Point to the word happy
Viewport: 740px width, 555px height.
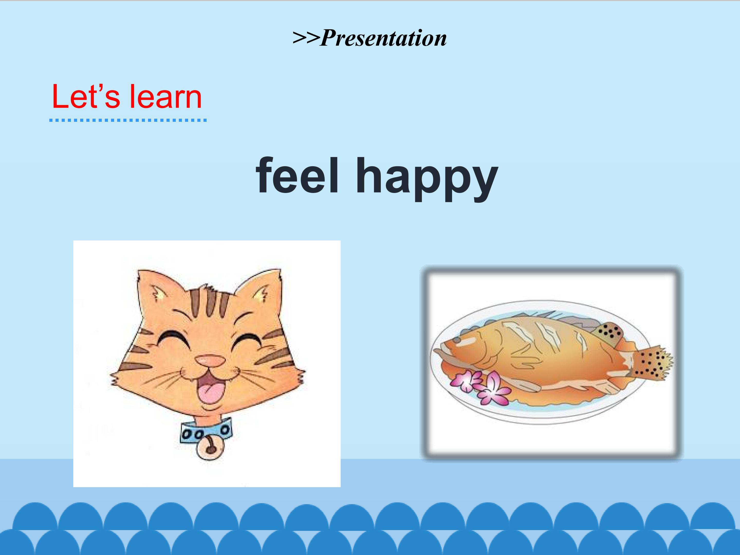click(x=427, y=179)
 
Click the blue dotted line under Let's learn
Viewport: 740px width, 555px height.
click(x=128, y=120)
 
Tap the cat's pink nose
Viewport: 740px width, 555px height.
click(x=210, y=360)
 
